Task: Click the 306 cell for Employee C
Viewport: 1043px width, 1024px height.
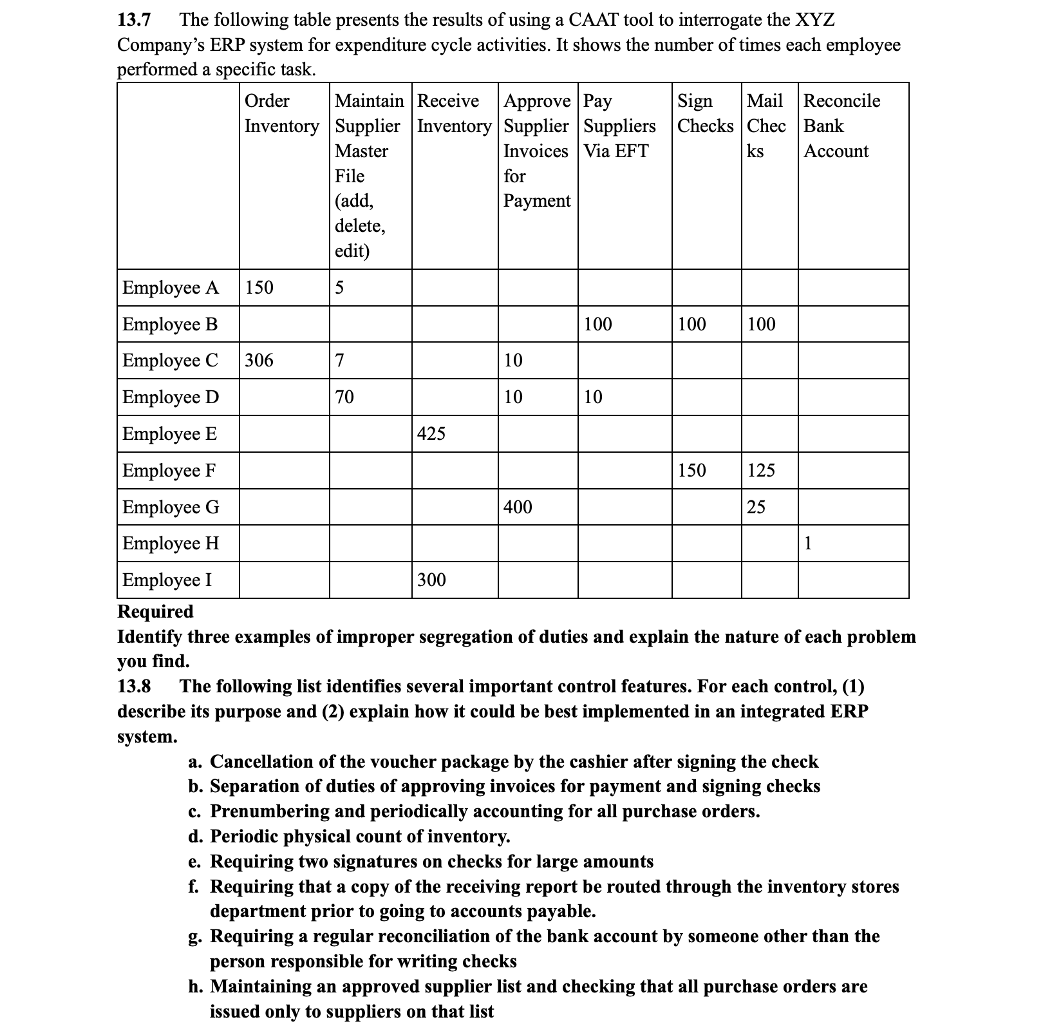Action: tap(259, 360)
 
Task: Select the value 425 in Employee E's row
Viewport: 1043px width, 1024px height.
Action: tap(431, 433)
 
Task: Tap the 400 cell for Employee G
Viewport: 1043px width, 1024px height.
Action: tap(518, 507)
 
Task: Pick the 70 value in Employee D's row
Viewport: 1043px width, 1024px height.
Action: tap(344, 397)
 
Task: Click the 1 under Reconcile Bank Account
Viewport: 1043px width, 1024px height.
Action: tap(808, 544)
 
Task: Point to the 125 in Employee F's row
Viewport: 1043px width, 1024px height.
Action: tap(761, 470)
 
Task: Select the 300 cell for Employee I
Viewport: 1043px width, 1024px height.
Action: tap(431, 580)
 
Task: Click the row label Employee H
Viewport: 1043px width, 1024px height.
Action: tap(171, 544)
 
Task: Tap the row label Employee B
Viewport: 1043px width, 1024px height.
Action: tap(170, 324)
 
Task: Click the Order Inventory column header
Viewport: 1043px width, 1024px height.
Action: tap(281, 113)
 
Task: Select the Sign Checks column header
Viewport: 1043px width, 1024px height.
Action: tap(705, 113)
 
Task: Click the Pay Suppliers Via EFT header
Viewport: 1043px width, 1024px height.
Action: tap(619, 126)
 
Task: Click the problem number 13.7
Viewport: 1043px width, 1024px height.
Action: tap(134, 20)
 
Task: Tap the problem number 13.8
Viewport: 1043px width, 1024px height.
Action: tap(134, 687)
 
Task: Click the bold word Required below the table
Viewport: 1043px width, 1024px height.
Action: tap(155, 611)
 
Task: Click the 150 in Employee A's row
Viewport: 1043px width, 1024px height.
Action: tap(259, 287)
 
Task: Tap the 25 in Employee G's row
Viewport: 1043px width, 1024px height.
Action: tap(756, 507)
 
